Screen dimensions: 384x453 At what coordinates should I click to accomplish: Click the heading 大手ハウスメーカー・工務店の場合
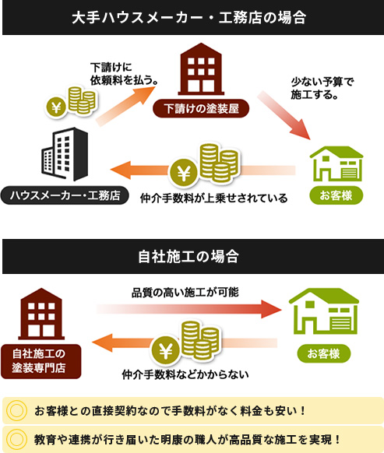(188, 18)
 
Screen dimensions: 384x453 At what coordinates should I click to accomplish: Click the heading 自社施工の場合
(188, 256)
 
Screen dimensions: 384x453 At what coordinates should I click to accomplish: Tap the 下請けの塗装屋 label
(201, 108)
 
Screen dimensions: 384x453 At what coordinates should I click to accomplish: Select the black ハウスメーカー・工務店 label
(65, 195)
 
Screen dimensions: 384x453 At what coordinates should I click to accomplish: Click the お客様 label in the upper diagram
(336, 195)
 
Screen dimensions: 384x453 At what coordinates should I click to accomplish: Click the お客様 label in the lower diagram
(324, 353)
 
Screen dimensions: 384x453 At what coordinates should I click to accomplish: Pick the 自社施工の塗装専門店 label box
(41, 361)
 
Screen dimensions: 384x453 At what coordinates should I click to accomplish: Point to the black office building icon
(65, 154)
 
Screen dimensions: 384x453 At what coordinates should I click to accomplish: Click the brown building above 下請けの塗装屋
(201, 69)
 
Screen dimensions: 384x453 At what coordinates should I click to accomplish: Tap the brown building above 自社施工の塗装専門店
(41, 314)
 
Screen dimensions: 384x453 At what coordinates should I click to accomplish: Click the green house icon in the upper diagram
(336, 163)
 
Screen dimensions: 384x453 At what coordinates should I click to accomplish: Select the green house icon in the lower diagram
(324, 311)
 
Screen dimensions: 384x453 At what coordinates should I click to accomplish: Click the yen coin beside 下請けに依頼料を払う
(56, 107)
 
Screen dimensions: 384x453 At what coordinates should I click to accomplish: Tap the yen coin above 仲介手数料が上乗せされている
(184, 174)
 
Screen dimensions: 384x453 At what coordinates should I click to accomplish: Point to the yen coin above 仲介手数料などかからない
(166, 351)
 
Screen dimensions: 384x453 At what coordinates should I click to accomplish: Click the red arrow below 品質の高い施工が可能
(188, 309)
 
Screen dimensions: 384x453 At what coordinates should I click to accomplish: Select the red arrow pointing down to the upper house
(284, 115)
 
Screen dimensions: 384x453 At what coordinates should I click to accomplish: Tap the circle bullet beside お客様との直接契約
(16, 410)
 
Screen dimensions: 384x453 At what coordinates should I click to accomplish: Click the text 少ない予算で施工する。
(322, 88)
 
